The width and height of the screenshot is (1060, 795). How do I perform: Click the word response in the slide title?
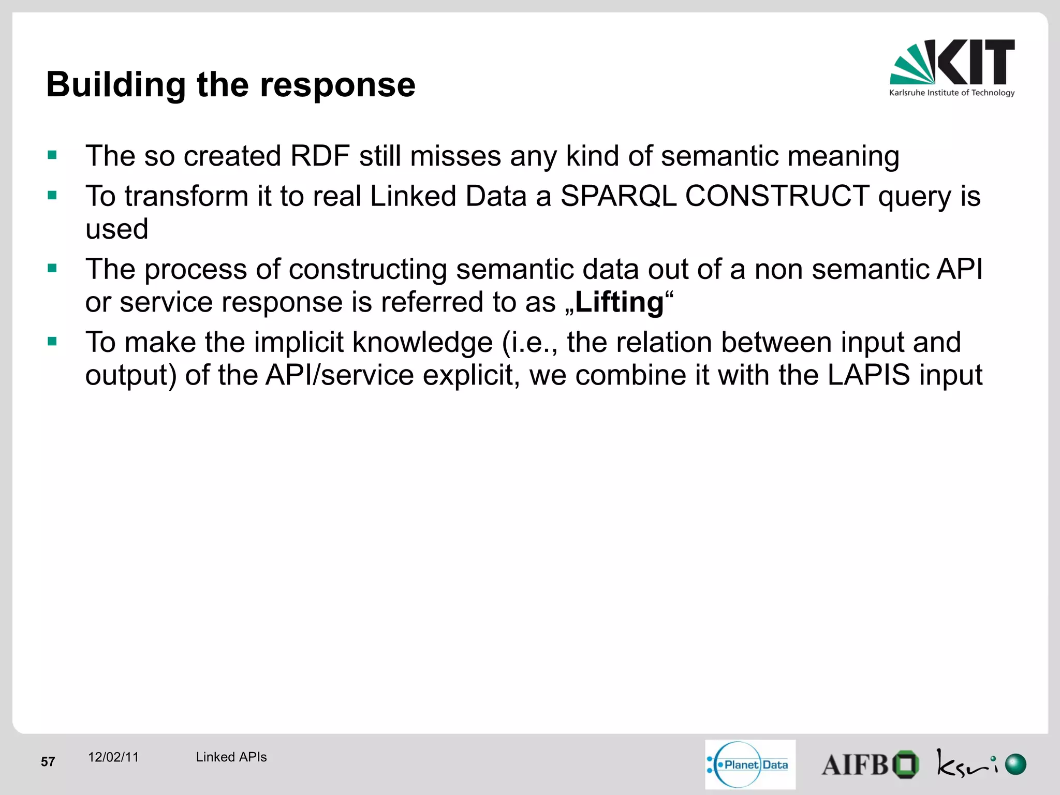click(x=337, y=84)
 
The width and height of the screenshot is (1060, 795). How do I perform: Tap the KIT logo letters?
click(x=975, y=62)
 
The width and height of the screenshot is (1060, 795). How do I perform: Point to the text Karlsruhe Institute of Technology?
click(x=951, y=93)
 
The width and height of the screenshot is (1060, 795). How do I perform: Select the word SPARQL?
click(x=618, y=196)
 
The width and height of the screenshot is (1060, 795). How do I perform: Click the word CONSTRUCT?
click(x=776, y=196)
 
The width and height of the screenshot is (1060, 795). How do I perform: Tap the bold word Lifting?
click(x=619, y=302)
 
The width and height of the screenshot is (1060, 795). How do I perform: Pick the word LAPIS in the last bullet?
click(x=868, y=375)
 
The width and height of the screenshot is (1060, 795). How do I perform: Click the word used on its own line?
click(x=117, y=229)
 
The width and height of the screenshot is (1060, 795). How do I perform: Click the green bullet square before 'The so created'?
click(x=52, y=155)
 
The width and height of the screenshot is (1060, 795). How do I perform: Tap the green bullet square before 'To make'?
click(x=52, y=341)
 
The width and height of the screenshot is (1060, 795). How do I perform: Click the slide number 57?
click(x=48, y=761)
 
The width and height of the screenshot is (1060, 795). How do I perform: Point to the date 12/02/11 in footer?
click(x=113, y=757)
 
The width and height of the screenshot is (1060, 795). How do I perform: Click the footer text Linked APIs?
click(x=231, y=757)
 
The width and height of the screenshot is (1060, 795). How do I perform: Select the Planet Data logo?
click(x=750, y=764)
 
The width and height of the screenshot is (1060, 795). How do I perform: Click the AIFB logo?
click(x=870, y=764)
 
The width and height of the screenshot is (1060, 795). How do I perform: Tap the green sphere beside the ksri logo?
click(x=1015, y=764)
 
